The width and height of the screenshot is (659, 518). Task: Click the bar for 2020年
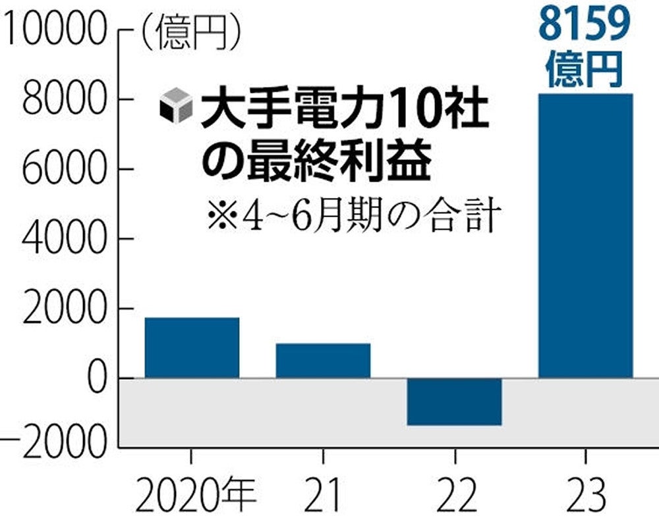coord(192,348)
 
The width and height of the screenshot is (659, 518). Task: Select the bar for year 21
coord(323,361)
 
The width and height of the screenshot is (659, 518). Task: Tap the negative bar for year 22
coord(455,401)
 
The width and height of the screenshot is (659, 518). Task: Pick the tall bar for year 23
coord(585,236)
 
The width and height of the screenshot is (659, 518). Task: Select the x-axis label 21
coord(323,494)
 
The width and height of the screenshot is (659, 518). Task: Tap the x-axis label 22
coord(455,494)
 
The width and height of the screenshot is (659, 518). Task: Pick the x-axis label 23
coord(585,494)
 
